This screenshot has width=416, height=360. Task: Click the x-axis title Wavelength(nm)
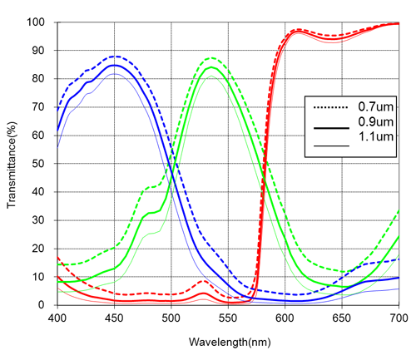[227, 342]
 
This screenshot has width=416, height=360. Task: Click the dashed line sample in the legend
[327, 107]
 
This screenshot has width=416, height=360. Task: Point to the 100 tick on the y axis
[41, 22]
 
